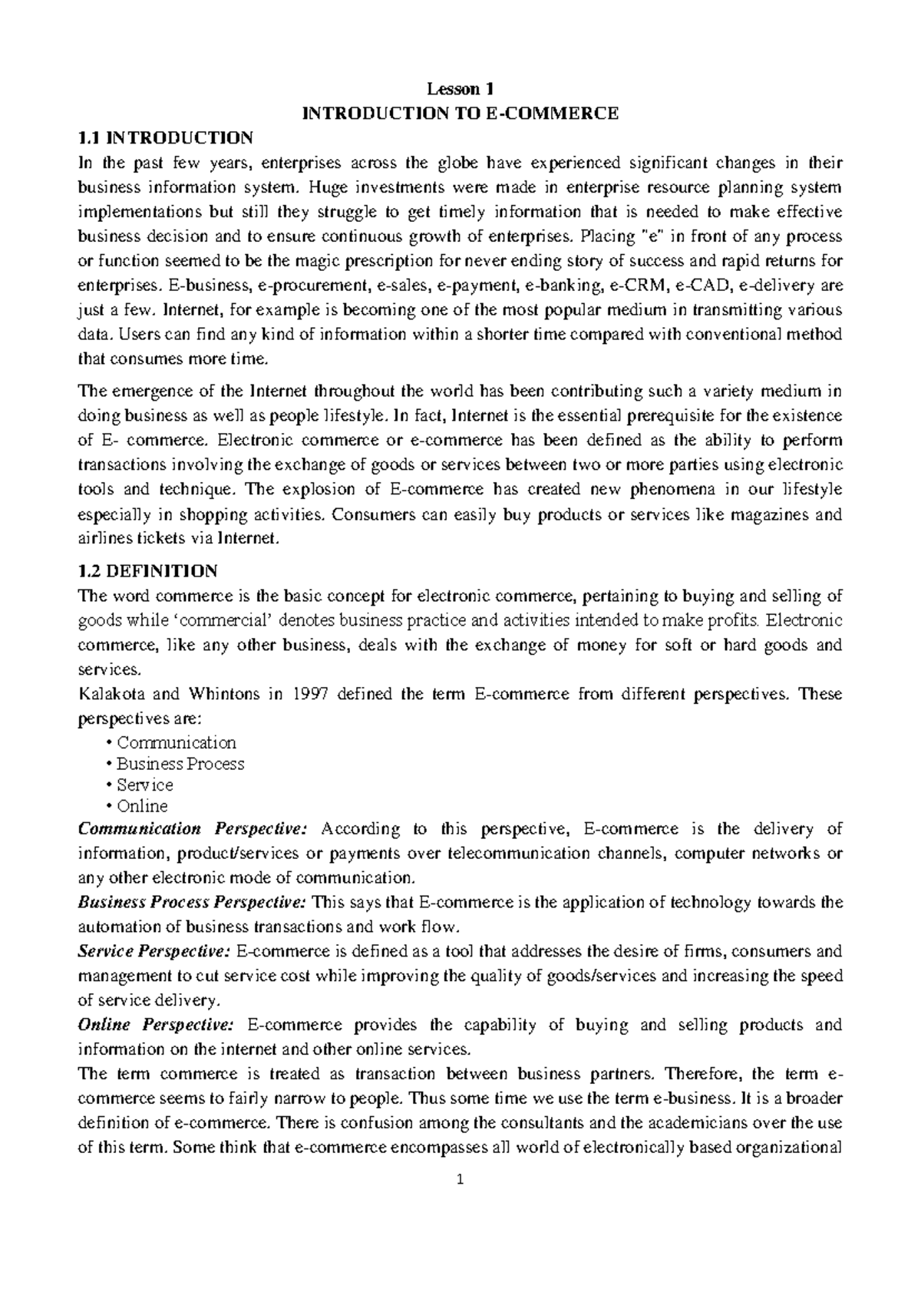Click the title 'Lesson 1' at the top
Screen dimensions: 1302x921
[x=460, y=88]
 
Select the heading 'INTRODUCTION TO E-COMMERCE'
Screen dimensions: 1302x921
[x=460, y=114]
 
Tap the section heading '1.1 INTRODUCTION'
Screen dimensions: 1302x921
[x=166, y=138]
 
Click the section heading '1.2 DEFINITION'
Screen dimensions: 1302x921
[x=148, y=571]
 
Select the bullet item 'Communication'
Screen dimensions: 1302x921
[x=176, y=743]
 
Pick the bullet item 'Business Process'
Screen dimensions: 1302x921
[x=180, y=764]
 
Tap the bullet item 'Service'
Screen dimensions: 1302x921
[x=144, y=785]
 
